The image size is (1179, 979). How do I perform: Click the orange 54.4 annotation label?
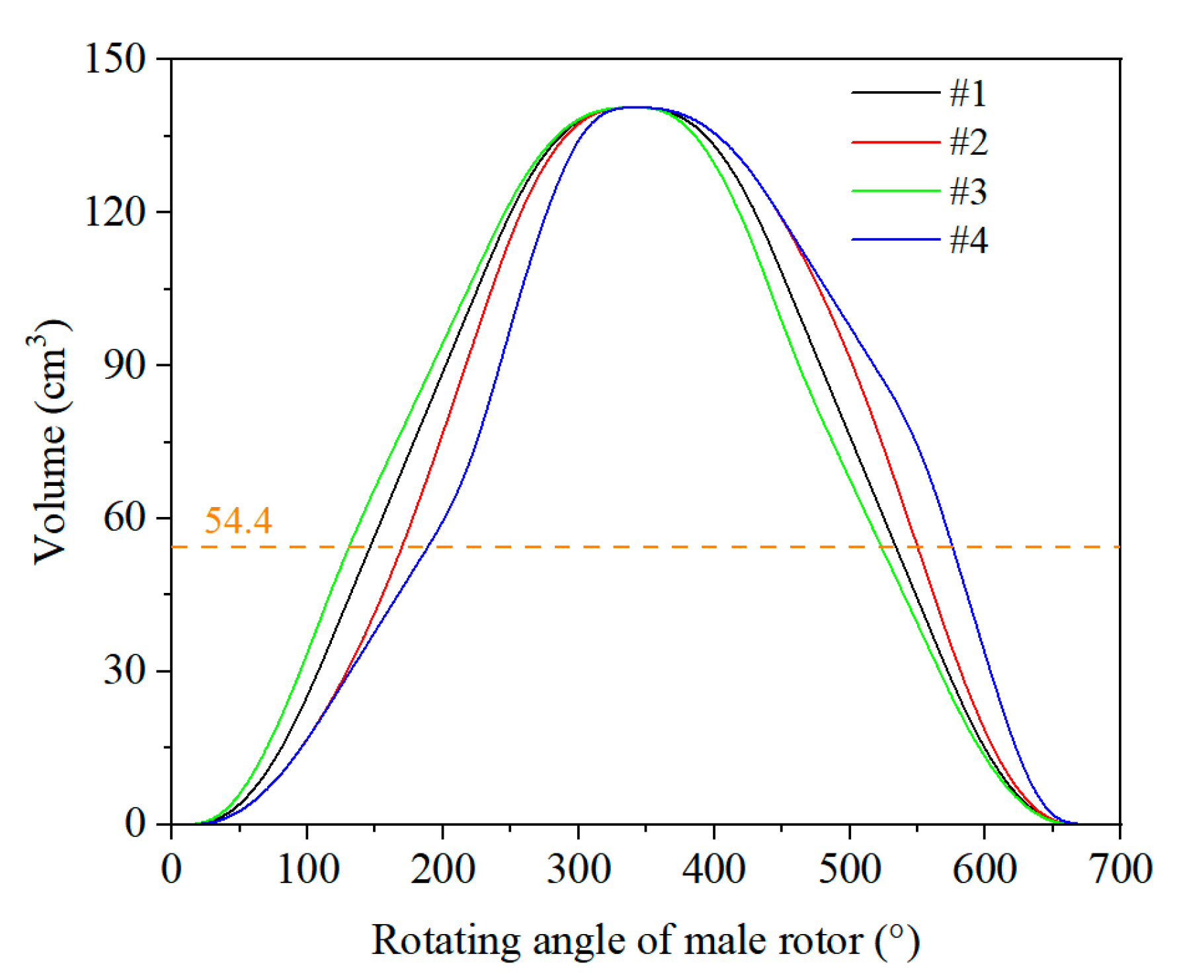click(x=237, y=521)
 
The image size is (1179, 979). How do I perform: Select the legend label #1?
click(x=968, y=93)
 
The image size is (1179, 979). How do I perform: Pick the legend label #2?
click(x=969, y=142)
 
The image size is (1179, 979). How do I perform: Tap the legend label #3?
click(x=969, y=191)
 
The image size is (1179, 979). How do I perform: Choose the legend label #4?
click(x=969, y=240)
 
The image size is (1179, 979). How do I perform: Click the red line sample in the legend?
click(x=895, y=142)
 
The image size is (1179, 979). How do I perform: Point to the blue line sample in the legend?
click(x=895, y=239)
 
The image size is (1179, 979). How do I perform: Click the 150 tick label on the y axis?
click(x=115, y=59)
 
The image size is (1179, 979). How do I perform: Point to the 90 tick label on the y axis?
click(x=125, y=365)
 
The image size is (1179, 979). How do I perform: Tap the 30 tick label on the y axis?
click(x=125, y=671)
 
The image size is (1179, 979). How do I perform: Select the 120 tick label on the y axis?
click(x=115, y=212)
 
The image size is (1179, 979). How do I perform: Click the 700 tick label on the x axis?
click(x=1120, y=869)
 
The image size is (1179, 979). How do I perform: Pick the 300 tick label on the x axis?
click(x=579, y=869)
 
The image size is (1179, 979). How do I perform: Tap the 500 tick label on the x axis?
click(x=850, y=869)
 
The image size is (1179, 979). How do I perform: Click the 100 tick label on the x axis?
click(x=307, y=869)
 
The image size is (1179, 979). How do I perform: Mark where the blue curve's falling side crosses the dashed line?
click(x=953, y=547)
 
